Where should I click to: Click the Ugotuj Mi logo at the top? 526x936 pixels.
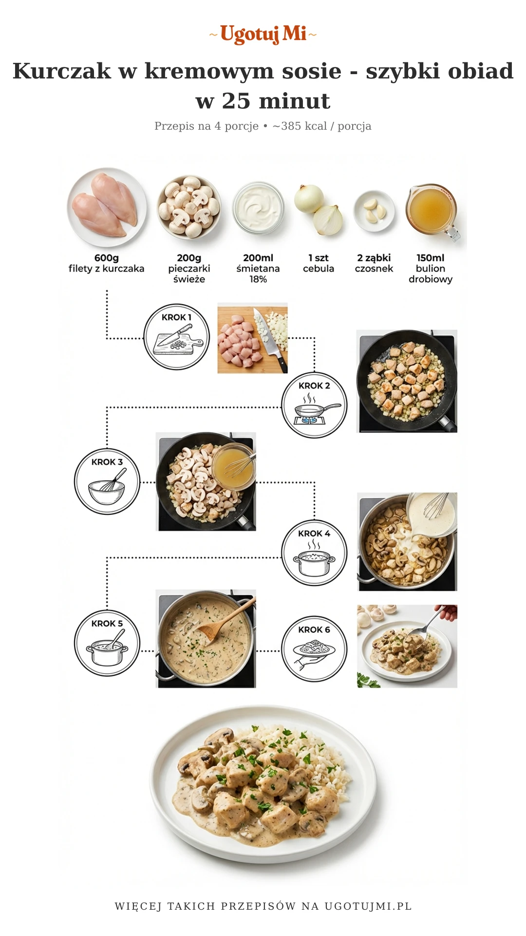263,34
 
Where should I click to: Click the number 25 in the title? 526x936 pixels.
236,101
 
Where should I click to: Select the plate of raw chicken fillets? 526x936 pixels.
107,207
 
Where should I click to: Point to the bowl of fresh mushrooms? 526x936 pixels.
189,207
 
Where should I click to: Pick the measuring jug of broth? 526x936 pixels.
432,211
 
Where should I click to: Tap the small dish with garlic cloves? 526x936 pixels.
375,211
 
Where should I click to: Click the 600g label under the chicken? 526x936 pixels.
107,258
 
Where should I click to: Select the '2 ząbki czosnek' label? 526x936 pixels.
374,263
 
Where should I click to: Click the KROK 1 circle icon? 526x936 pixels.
176,337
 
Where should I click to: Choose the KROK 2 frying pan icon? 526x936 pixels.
314,405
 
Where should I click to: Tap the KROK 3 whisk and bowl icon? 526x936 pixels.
107,482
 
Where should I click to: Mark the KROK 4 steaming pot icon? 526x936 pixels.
314,553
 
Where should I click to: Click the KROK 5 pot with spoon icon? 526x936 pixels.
107,643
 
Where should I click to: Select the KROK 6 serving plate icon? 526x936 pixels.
314,649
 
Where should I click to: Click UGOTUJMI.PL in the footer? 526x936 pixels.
368,906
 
